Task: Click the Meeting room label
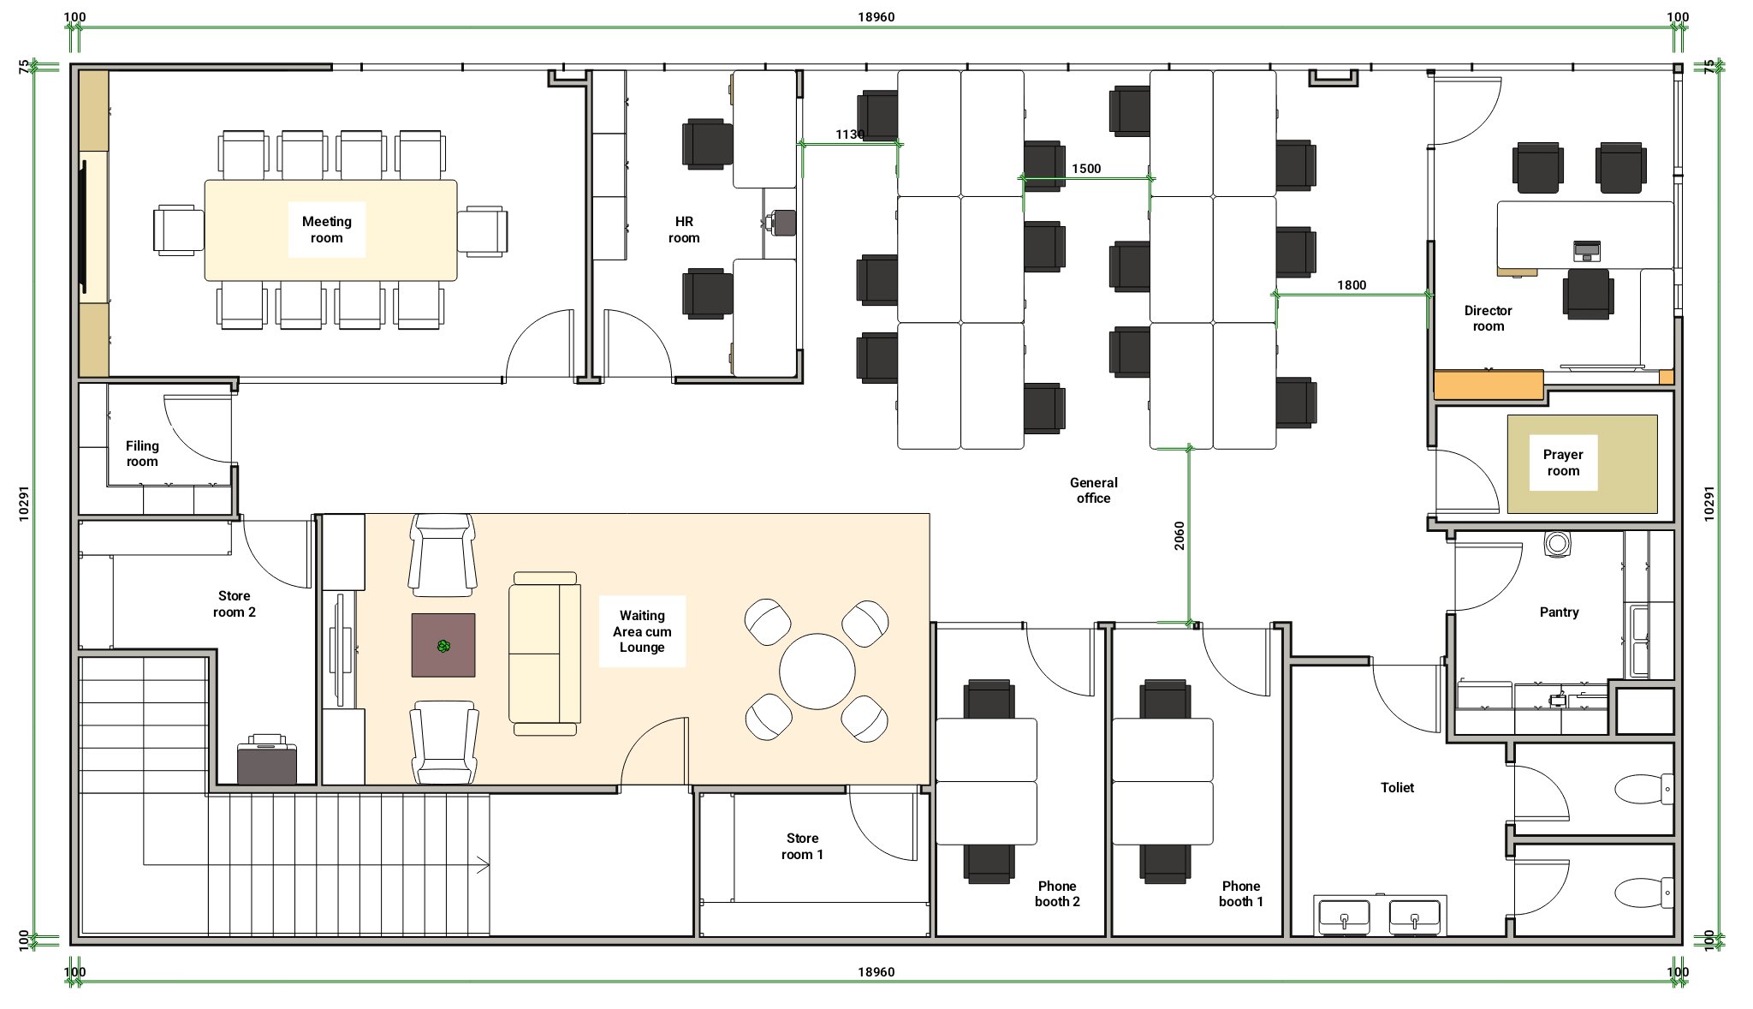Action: [326, 230]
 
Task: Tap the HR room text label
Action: [684, 230]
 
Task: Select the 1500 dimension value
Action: [1086, 169]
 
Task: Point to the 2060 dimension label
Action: [1180, 535]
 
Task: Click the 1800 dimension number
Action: [1352, 285]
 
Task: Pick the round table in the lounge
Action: [817, 672]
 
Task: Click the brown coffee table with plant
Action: [443, 645]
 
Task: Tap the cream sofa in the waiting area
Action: [545, 654]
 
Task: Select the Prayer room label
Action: [1563, 463]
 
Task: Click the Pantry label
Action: [1559, 612]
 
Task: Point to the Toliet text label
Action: [1397, 788]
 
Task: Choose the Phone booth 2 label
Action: [1057, 893]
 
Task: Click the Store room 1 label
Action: [802, 846]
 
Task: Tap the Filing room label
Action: [142, 454]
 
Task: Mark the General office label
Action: [1093, 491]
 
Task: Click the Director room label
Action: [1488, 319]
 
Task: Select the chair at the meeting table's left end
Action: [179, 230]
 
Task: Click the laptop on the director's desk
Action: [1587, 251]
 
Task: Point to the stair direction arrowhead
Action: [484, 865]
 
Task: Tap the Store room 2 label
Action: [234, 604]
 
